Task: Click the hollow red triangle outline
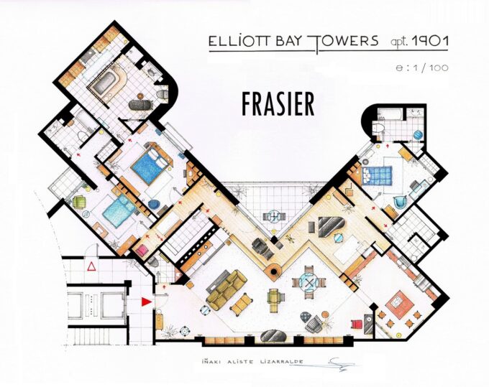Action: (91, 267)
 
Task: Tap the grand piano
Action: (330, 228)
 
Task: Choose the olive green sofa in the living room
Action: (226, 285)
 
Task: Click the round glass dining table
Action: (310, 283)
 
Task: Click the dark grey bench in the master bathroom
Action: (140, 105)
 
